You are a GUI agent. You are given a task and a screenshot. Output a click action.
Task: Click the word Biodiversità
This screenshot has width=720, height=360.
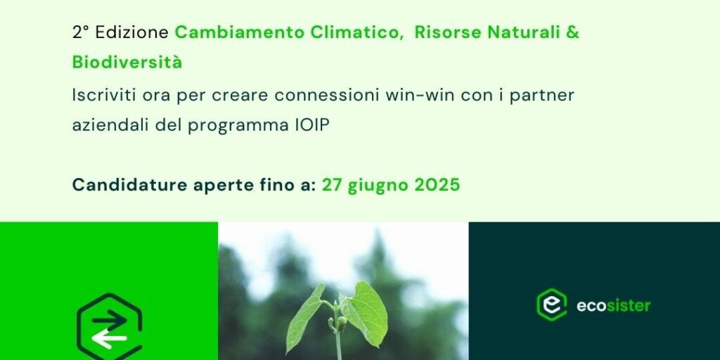tap(127, 62)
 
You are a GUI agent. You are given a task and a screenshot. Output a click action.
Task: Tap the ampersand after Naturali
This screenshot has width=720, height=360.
tap(574, 32)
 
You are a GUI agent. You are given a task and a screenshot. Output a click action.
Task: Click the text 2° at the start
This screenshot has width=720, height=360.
tap(80, 32)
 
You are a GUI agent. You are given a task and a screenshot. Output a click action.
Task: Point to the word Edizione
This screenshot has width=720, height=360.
tap(132, 32)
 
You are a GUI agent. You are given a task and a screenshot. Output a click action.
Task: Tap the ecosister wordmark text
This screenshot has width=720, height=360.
tap(613, 305)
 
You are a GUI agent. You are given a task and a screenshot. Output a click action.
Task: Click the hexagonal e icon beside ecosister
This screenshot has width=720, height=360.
tap(551, 304)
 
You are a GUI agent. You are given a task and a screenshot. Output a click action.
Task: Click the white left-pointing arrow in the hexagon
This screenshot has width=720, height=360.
tap(109, 340)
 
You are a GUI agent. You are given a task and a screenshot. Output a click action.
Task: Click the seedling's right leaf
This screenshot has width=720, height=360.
tap(366, 312)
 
